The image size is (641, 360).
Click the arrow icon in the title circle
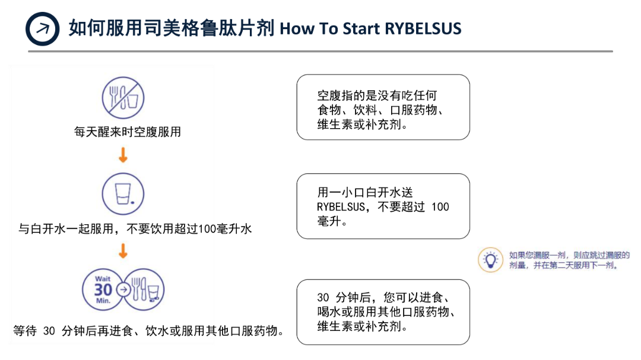click(43, 28)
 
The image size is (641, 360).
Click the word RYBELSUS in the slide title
click(423, 28)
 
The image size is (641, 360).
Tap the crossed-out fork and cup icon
click(123, 98)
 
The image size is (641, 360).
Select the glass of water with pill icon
click(123, 193)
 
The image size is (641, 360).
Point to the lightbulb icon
click(490, 259)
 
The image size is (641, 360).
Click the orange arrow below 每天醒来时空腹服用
click(123, 155)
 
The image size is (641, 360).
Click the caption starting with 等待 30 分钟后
click(148, 330)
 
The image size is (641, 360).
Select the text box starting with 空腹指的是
click(383, 107)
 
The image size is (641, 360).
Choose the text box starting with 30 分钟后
click(383, 312)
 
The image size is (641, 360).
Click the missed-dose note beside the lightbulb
click(569, 260)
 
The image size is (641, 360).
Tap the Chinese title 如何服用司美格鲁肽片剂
click(172, 28)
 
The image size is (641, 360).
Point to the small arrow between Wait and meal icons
click(123, 290)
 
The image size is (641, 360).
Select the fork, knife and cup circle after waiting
click(144, 290)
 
